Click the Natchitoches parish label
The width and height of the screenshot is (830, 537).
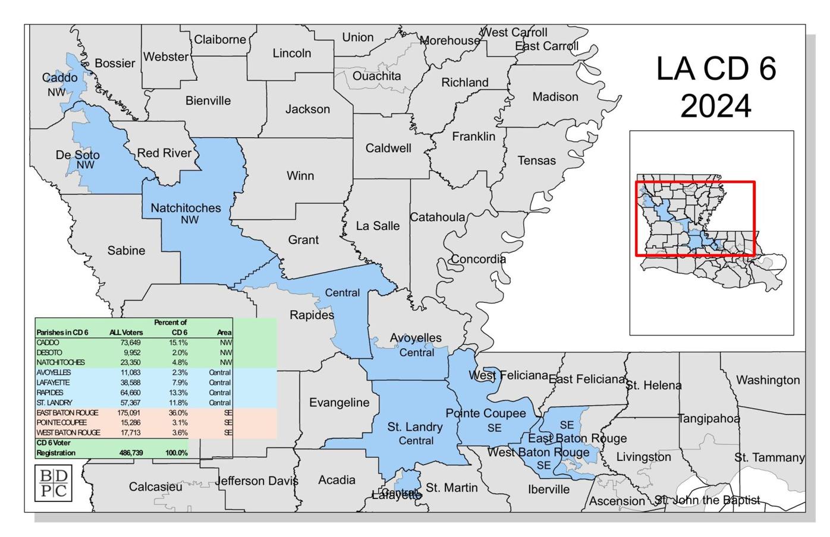[x=186, y=208]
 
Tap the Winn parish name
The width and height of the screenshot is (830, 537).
[x=300, y=176]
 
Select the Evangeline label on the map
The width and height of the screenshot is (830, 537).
[x=339, y=403]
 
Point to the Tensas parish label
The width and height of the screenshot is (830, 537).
[x=536, y=160]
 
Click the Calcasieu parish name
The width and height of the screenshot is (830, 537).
[x=155, y=487]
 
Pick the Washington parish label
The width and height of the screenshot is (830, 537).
[x=768, y=380]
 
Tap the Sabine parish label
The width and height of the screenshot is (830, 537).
[x=126, y=251]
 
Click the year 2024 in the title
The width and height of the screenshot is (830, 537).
[x=715, y=107]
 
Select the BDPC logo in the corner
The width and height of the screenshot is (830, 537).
[x=53, y=483]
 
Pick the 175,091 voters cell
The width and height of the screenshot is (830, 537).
[x=128, y=413]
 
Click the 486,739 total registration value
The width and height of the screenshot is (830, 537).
[x=128, y=453]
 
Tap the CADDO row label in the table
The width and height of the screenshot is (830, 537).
[x=48, y=343]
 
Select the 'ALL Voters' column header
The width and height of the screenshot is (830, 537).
[x=126, y=333]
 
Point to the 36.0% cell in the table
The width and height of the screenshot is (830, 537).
[x=178, y=413]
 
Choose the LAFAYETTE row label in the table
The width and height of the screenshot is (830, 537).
[x=53, y=383]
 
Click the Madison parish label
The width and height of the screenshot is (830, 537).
[x=555, y=97]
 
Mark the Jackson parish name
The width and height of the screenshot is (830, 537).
[x=307, y=109]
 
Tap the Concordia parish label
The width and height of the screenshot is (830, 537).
[x=478, y=259]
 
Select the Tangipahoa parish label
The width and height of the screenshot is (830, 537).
[x=709, y=419]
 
